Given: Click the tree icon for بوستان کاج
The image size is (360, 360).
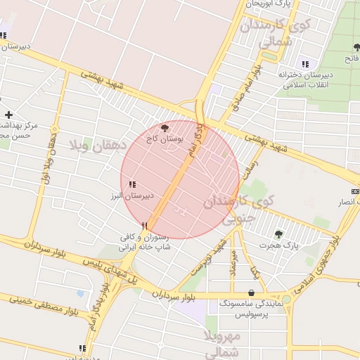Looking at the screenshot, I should [x=165, y=128].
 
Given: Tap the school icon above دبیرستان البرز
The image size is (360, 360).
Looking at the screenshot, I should [x=131, y=184].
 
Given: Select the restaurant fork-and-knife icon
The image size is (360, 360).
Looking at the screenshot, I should [x=144, y=226].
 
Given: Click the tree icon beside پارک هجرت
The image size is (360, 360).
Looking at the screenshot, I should [x=279, y=234].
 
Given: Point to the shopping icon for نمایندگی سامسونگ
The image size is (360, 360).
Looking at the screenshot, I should [x=252, y=292].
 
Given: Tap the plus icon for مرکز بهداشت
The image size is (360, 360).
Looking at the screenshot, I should [x=8, y=115].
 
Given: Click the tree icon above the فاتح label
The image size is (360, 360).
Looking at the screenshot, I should [x=356, y=48].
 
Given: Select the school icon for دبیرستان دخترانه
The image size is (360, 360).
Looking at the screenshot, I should [x=304, y=64].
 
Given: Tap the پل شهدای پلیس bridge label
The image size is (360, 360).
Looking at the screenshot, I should [x=105, y=269].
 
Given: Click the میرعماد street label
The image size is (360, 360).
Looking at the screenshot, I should [x=235, y=264].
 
